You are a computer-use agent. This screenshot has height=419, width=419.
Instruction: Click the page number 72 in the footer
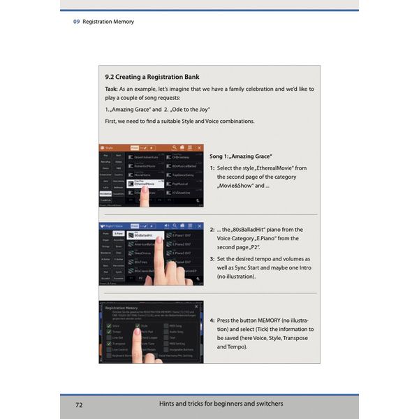80,404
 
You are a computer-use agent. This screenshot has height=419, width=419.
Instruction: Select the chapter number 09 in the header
76,22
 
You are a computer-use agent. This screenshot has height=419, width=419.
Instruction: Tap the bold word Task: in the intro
111,89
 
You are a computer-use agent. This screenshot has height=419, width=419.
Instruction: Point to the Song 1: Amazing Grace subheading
241,156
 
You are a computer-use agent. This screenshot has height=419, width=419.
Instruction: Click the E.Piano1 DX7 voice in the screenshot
180,236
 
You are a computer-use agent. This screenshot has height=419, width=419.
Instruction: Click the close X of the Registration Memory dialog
197,307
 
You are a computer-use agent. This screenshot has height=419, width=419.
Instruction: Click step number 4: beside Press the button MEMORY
212,319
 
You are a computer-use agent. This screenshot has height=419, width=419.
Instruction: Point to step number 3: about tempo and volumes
212,259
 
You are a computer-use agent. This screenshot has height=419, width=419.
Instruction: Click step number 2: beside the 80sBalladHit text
212,229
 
